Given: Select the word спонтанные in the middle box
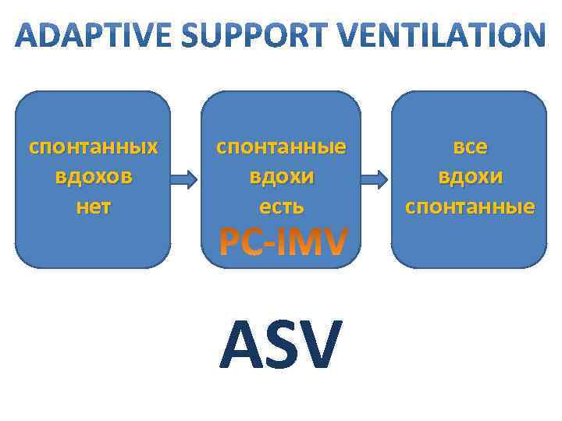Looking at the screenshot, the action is [282, 147].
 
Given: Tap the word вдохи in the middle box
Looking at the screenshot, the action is [282, 176].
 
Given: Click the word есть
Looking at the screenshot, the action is [282, 207].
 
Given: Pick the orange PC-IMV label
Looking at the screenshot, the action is [282, 242].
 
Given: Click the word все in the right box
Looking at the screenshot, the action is [470, 147].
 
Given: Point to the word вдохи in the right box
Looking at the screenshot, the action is [470, 176].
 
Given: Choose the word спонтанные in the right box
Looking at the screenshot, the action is [470, 207].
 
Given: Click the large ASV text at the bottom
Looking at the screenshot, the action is [281, 344].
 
